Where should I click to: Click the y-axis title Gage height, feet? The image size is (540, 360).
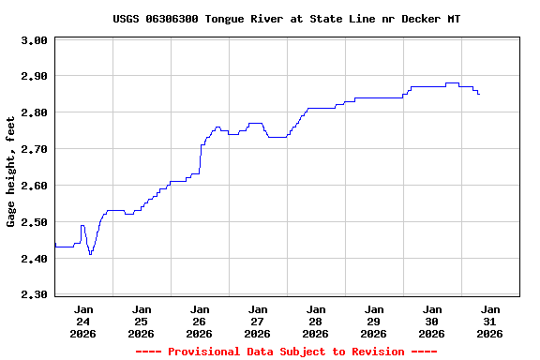[x=11, y=172]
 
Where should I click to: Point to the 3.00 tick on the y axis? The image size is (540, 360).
[x=34, y=40]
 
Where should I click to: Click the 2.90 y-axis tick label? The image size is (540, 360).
[x=34, y=76]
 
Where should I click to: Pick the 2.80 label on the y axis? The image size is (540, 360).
[x=34, y=112]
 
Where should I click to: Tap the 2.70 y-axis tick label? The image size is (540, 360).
[x=34, y=149]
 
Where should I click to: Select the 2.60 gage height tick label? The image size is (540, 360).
[x=34, y=186]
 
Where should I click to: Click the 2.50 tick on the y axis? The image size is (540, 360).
[x=34, y=222]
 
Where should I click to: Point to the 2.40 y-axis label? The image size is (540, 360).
[x=34, y=259]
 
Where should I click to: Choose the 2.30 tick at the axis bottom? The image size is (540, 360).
[x=34, y=295]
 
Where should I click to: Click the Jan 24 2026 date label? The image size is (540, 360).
[x=83, y=321]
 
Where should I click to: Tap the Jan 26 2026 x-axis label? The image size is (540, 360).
[x=200, y=321]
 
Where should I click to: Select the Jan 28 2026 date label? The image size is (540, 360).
[x=316, y=321]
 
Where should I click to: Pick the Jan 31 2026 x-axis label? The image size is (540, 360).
[x=490, y=321]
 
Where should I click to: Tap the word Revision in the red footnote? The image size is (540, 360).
[x=374, y=352]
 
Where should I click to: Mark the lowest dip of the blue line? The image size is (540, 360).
[x=90, y=254]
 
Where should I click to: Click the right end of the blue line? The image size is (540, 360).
[x=479, y=94]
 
